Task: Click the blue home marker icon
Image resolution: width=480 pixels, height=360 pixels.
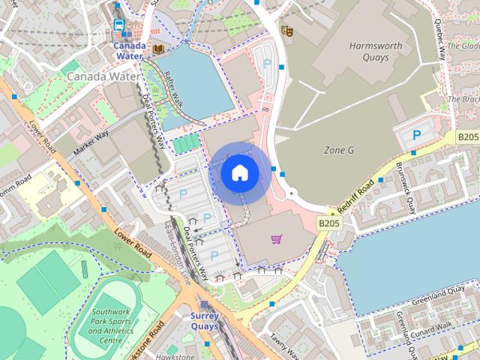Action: tap(239, 173)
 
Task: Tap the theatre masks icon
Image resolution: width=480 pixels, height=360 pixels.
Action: tap(286, 30)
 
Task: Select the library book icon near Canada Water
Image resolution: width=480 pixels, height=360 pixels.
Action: tap(158, 49)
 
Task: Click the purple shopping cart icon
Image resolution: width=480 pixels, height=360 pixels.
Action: tap(276, 239)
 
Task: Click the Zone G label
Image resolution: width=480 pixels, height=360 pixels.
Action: tap(338, 151)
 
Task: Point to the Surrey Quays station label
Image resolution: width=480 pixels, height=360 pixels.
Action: tap(204, 321)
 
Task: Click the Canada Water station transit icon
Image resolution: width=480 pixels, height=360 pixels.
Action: tap(118, 25)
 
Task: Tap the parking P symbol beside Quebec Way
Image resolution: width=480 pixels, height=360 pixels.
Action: tap(417, 135)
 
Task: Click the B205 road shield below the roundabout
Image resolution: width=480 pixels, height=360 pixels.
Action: tap(327, 223)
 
